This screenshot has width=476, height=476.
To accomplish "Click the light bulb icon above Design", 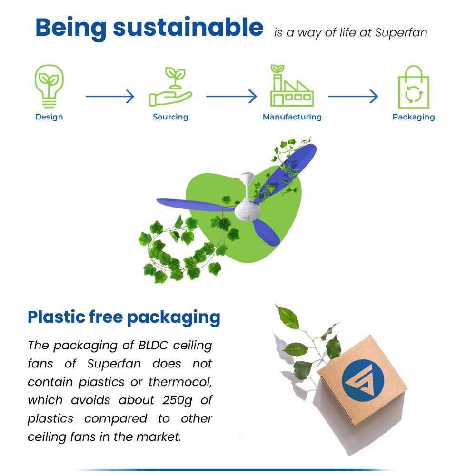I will pyautogui.click(x=49, y=86).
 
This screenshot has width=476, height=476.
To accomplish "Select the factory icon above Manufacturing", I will pyautogui.click(x=291, y=86).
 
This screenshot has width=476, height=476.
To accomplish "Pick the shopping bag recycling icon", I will pyautogui.click(x=413, y=87).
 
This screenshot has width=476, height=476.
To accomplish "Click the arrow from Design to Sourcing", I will pyautogui.click(x=110, y=97).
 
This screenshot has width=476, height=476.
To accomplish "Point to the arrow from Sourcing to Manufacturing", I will pyautogui.click(x=231, y=97).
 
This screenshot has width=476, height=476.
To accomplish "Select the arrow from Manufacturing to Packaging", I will pyautogui.click(x=353, y=97).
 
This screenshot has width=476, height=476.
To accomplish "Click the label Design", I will pyautogui.click(x=49, y=117).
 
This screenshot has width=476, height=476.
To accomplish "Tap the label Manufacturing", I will pyautogui.click(x=292, y=117).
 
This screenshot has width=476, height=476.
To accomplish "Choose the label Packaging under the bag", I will pyautogui.click(x=413, y=117).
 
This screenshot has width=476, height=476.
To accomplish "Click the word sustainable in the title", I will pyautogui.click(x=188, y=28).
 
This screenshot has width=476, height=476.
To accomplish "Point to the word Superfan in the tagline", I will pyautogui.click(x=401, y=33).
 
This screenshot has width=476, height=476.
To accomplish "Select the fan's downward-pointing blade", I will pyautogui.click(x=266, y=232).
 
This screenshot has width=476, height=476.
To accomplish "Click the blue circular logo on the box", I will pyautogui.click(x=362, y=379).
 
